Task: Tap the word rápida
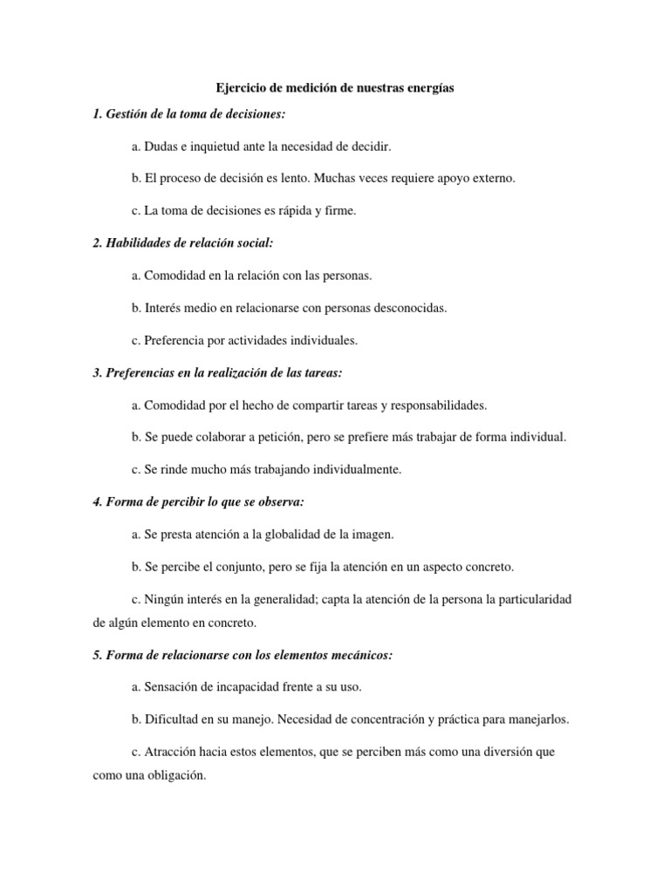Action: tap(283, 210)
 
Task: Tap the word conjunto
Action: tap(247, 566)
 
